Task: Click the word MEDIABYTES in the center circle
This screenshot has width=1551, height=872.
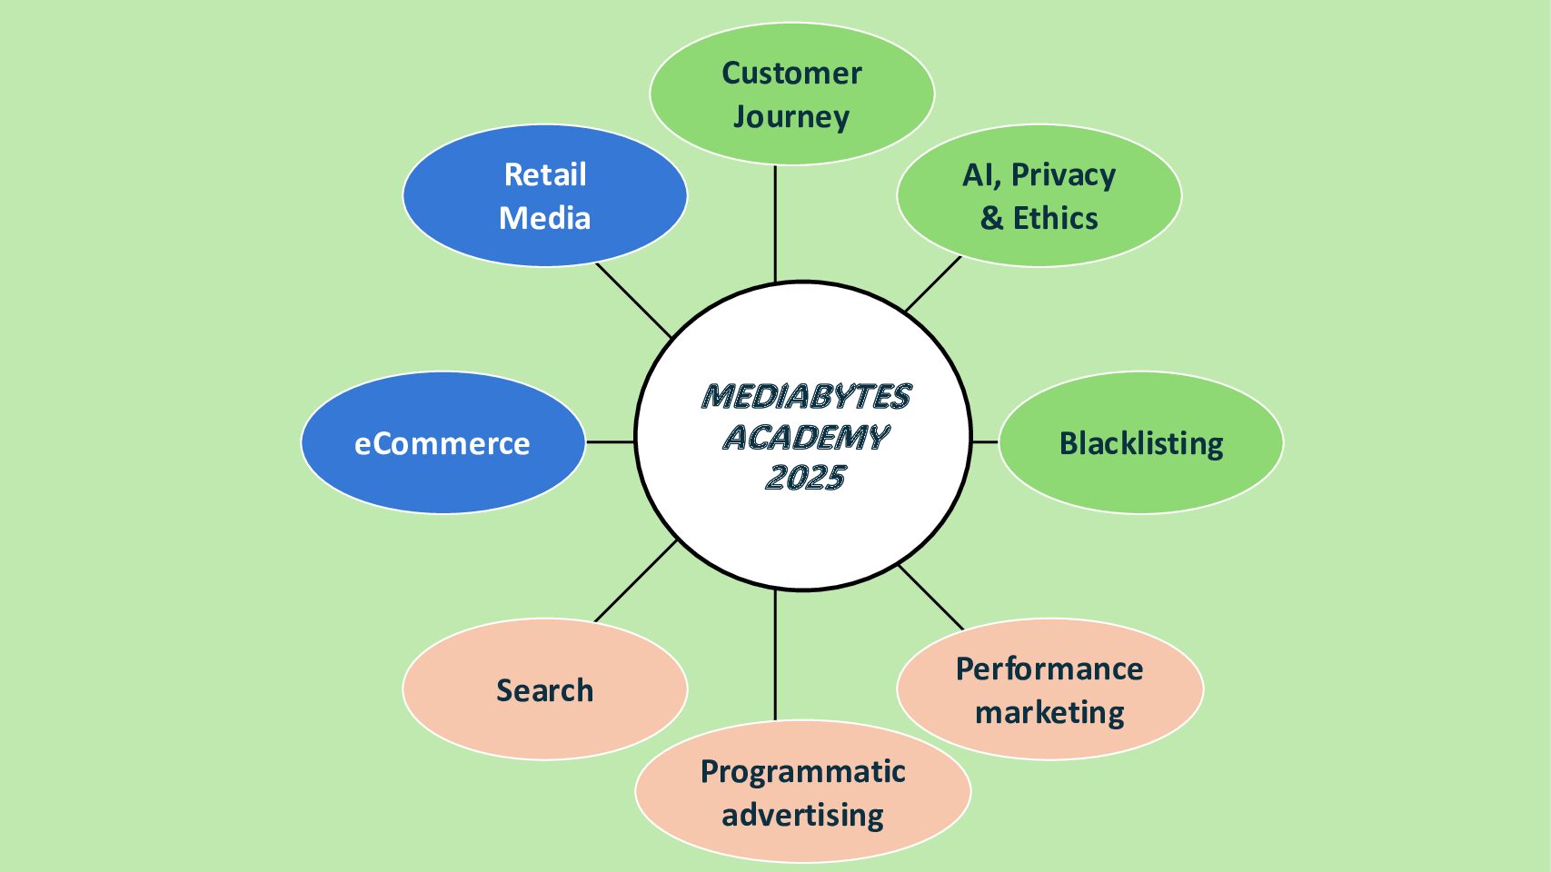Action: [806, 397]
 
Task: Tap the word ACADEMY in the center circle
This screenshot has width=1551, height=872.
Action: [806, 438]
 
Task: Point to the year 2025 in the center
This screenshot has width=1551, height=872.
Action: [806, 478]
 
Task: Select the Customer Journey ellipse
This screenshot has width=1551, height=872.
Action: [791, 94]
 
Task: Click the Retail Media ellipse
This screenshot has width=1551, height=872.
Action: [544, 196]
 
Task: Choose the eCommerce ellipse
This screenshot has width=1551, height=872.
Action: [442, 443]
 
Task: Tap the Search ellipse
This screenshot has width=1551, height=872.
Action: [544, 690]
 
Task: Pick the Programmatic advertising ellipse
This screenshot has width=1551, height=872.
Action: [802, 792]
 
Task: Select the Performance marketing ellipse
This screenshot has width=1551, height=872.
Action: [1049, 690]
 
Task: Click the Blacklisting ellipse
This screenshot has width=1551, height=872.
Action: [1140, 443]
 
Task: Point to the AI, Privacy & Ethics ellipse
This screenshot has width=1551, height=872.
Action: [1039, 196]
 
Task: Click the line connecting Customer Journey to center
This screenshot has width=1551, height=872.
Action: [775, 223]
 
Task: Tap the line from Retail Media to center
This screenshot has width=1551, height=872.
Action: [633, 301]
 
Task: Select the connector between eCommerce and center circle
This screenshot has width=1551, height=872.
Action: [611, 442]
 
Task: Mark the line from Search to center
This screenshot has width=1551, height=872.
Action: [636, 580]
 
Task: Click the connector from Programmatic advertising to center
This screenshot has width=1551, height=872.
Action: [775, 655]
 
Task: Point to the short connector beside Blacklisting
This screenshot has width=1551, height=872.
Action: [985, 442]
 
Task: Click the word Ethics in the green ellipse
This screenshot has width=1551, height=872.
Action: [1055, 219]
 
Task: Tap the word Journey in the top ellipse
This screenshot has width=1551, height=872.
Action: [791, 117]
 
